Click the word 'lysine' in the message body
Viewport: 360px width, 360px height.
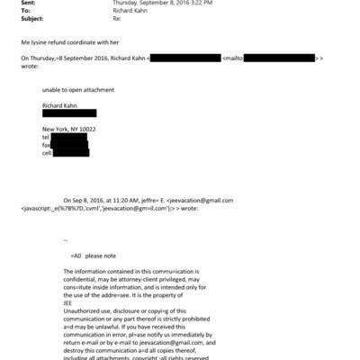click(39, 40)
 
